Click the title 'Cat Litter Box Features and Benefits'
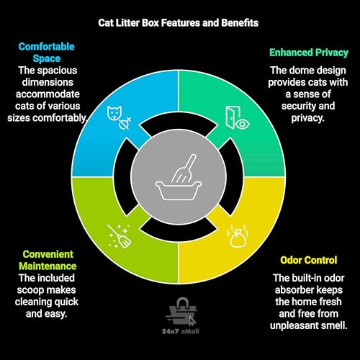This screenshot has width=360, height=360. click(179, 23)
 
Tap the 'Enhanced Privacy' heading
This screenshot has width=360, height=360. click(309, 53)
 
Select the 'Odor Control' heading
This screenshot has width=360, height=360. click(309, 260)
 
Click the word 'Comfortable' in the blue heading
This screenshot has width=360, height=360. click(47, 47)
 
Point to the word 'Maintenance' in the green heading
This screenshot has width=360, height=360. click(48, 266)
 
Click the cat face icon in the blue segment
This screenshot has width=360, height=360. click(114, 113)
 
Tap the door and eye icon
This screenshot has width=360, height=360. click(238, 118)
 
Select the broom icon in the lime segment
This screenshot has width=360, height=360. click(120, 236)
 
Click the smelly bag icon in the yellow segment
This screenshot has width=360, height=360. click(238, 236)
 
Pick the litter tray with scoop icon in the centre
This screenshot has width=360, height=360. click(179, 178)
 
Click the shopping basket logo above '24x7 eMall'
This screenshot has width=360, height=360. click(181, 312)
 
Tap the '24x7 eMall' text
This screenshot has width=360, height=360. click(181, 331)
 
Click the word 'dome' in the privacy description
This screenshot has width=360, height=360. click(302, 71)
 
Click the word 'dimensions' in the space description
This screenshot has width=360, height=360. click(48, 82)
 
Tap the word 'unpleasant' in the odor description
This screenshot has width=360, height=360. click(293, 325)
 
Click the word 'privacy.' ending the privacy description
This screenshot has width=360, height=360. click(307, 118)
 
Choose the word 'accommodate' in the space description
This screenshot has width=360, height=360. click(48, 94)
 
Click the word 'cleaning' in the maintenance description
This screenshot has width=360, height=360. click(33, 302)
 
